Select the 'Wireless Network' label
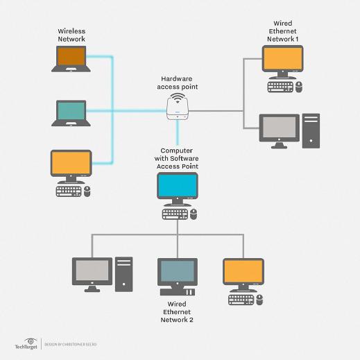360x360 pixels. click(x=71, y=35)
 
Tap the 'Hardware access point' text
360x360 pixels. click(x=178, y=83)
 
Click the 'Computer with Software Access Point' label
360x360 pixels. click(x=178, y=157)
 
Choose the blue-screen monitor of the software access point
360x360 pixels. click(x=178, y=188)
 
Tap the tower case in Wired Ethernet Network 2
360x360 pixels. click(x=123, y=274)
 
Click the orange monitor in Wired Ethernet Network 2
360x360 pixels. click(x=243, y=272)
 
